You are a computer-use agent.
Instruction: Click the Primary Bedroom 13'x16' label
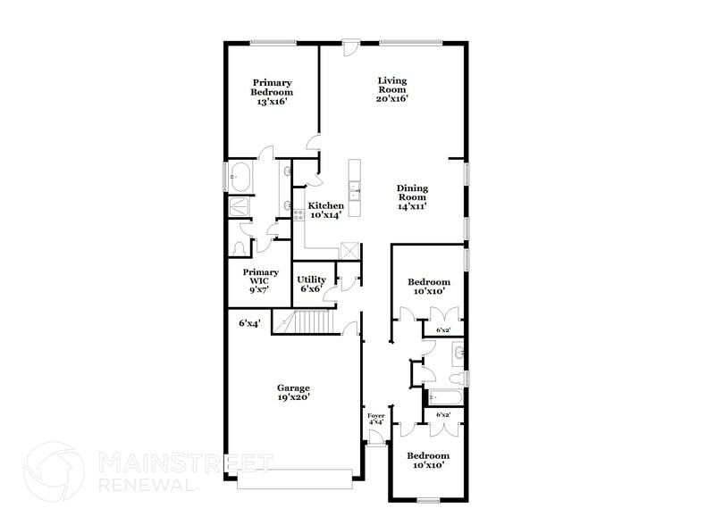click(272, 92)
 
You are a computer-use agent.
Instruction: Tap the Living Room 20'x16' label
click(392, 89)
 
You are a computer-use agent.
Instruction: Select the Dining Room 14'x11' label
click(412, 197)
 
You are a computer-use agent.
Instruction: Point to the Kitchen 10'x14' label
click(325, 210)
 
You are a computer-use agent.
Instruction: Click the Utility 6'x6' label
click(312, 284)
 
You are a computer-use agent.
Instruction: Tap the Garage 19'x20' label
click(293, 393)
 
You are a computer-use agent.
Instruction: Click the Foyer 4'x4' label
click(376, 420)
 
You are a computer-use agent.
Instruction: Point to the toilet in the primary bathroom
click(240, 247)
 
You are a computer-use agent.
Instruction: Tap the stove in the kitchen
click(299, 215)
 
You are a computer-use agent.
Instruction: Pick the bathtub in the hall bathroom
click(444, 396)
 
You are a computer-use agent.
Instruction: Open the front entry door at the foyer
click(376, 440)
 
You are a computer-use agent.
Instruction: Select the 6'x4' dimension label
click(249, 323)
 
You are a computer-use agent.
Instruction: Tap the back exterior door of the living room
click(351, 46)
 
